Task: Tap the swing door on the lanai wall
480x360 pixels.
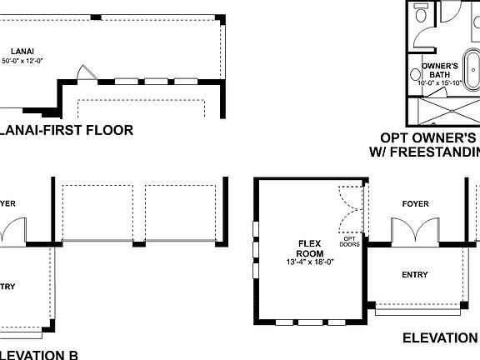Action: (x=82, y=74)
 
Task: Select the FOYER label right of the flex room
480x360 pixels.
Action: (x=415, y=202)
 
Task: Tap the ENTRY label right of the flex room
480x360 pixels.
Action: (x=414, y=274)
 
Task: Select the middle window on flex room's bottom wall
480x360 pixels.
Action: (x=310, y=321)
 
